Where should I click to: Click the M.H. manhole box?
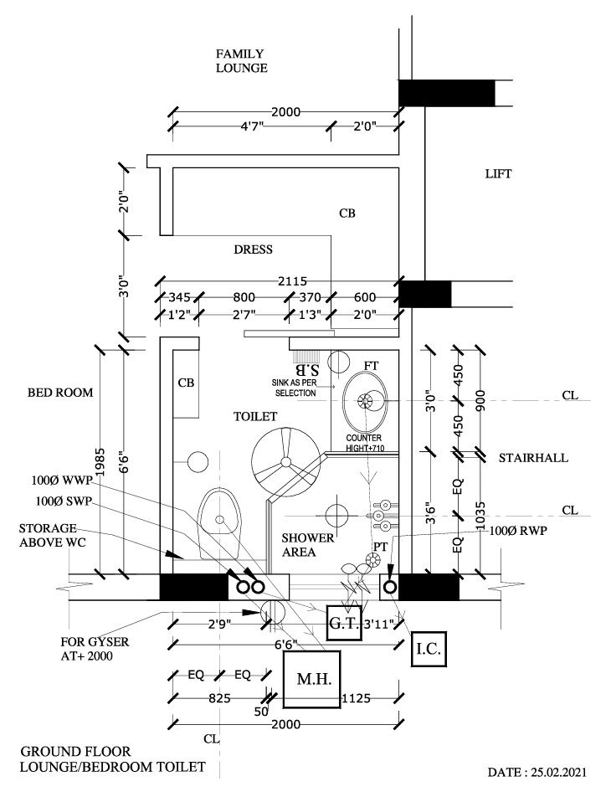click(311, 679)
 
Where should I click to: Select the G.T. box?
click(343, 623)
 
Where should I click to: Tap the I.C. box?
click(433, 649)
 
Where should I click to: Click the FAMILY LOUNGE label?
click(241, 61)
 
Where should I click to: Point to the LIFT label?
click(498, 174)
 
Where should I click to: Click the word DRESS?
click(254, 249)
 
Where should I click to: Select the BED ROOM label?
click(59, 392)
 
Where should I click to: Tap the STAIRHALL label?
click(533, 458)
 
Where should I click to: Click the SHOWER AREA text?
click(307, 544)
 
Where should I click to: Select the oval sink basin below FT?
click(366, 402)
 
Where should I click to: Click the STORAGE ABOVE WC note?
click(49, 537)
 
